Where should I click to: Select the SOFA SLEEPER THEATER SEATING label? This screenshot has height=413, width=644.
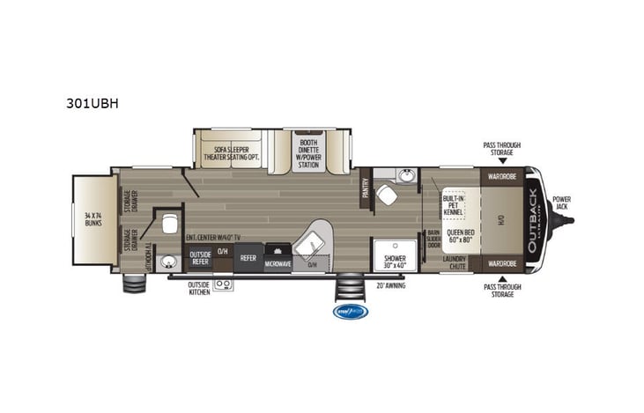[x=233, y=155]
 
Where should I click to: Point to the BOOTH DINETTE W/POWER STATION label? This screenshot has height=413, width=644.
[x=308, y=155]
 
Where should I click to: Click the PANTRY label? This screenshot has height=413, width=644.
[x=364, y=188]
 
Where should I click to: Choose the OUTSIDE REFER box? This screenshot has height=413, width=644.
[x=200, y=258]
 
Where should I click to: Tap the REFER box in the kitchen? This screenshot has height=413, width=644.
[x=248, y=258]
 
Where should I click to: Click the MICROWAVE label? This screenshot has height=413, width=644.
[x=277, y=263]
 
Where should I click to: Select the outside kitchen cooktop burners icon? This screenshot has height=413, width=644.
[x=222, y=284]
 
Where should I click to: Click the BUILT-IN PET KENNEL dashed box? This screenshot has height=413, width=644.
[x=453, y=204]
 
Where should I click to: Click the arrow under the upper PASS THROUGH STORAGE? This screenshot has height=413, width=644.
[x=501, y=161]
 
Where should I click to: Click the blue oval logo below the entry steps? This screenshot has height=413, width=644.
[x=350, y=311]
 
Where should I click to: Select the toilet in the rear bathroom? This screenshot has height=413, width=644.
[x=169, y=221]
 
